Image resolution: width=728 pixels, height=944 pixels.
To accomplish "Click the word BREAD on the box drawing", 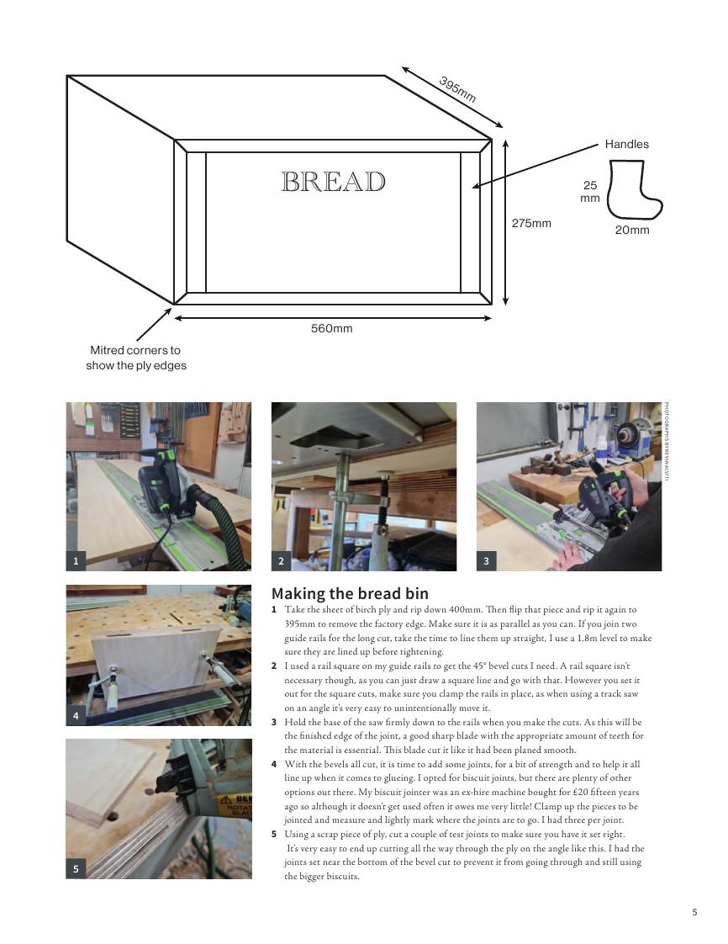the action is [333, 182].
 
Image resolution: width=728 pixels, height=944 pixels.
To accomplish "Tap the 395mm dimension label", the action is [458, 89].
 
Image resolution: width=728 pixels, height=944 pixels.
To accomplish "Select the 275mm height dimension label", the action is [531, 223].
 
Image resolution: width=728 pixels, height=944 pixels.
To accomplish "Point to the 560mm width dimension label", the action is [331, 328].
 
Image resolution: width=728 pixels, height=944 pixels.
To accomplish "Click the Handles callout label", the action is [627, 144].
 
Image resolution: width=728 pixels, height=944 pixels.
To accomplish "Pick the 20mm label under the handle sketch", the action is [632, 230].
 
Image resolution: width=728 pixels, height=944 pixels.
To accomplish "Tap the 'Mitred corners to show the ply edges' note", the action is [136, 358].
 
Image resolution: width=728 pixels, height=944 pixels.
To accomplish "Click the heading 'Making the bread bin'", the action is [351, 594].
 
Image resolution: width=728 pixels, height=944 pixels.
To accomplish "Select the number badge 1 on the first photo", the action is [76, 561].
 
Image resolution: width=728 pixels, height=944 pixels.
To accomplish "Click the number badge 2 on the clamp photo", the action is [281, 561].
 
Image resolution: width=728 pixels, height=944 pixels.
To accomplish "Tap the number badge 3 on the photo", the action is [486, 561].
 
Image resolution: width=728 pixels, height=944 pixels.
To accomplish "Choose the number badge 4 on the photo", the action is [76, 716].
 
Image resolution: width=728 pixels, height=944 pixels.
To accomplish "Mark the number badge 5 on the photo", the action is [76, 869].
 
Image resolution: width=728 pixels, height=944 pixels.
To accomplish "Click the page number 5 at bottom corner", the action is [695, 912].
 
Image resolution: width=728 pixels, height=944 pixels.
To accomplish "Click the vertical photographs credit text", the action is [667, 442].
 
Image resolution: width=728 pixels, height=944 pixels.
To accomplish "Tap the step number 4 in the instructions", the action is [274, 764].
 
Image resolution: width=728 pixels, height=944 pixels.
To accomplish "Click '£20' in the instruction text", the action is [579, 793].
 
